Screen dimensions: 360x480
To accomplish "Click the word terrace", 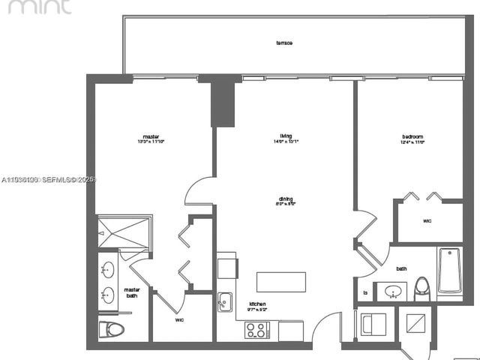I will tap(284, 43).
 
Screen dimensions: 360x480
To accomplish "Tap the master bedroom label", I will tap(151, 136).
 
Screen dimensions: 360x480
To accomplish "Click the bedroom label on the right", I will tap(413, 136).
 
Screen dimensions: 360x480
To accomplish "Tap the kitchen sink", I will tap(225, 301).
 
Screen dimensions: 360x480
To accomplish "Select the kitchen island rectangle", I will tap(281, 282).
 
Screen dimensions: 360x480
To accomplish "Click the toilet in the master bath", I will tap(110, 330).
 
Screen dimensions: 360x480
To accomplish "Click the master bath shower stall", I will tap(124, 232).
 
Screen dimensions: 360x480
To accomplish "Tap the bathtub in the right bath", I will tap(450, 271).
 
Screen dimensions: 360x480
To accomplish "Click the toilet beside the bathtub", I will tap(422, 288).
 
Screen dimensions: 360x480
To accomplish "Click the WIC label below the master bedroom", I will tap(180, 319).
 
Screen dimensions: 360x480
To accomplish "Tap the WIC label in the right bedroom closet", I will tap(427, 221).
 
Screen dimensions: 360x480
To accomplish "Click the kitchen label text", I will tap(257, 304).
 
